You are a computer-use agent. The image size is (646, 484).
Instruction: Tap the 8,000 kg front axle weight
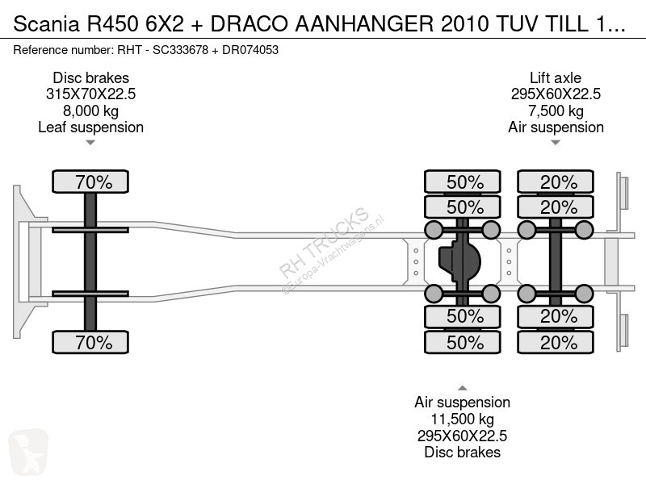point(90,111)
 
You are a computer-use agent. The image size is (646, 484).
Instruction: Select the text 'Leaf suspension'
point(90,127)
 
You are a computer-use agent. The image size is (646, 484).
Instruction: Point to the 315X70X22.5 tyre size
point(90,94)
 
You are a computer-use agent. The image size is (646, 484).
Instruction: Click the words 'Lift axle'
point(556,77)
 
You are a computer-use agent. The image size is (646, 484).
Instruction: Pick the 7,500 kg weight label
point(556,111)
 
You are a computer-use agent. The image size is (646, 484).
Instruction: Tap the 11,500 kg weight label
point(463,419)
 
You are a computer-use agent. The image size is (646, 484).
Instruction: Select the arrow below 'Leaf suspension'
point(90,144)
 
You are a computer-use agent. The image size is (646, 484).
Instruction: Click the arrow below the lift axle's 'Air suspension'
point(556,144)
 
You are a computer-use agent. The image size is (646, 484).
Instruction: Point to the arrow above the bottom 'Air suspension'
point(463,375)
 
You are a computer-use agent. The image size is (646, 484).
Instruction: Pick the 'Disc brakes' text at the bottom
point(463,452)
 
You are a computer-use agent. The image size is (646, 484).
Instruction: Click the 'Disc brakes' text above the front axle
point(90,77)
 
